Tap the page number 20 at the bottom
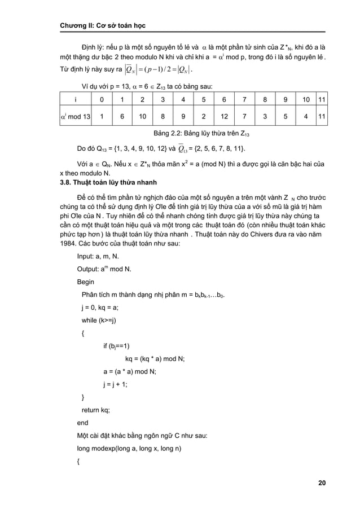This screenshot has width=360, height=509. [321, 483]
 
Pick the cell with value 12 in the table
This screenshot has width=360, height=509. [224, 117]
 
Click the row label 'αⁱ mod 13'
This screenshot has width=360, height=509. [74, 117]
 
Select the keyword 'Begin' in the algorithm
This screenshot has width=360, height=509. [86, 282]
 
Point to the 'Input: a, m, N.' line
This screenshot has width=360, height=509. [102, 256]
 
